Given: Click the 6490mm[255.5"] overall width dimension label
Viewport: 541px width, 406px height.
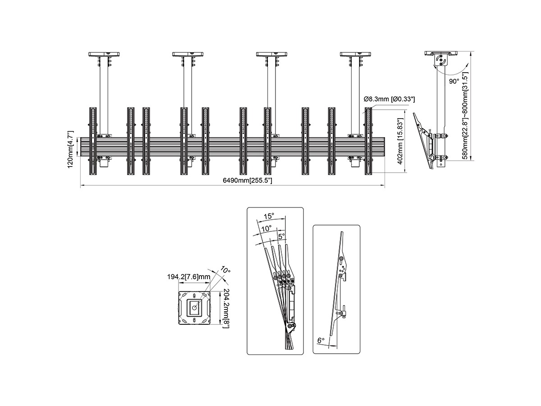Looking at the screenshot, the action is point(247,180).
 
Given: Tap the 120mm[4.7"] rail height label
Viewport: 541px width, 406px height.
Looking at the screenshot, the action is point(71,150).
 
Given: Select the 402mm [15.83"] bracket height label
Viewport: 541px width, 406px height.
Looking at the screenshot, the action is point(400,141).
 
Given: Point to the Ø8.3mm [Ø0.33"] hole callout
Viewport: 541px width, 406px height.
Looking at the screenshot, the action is point(389,99).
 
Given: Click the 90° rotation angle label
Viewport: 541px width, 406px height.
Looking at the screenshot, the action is point(454,81).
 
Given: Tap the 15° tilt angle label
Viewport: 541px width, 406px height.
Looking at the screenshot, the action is point(269,216).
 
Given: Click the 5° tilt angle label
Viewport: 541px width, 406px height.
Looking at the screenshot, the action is point(281,236).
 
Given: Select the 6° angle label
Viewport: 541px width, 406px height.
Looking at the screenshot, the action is point(321,341).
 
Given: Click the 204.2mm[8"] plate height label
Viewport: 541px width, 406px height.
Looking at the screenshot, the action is point(226,308).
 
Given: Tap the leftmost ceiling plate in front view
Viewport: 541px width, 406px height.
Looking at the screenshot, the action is point(104,54).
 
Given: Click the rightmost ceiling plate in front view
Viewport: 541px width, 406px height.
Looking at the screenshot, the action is point(355,54).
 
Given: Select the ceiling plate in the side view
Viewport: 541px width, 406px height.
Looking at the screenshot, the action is point(441,53).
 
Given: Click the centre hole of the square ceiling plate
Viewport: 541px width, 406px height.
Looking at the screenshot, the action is point(194,308).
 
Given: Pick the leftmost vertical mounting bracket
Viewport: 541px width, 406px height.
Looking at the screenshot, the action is point(93,141).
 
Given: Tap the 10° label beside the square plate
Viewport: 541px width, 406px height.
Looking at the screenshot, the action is point(225,270).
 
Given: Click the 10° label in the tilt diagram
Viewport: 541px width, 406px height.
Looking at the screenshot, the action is point(266,229).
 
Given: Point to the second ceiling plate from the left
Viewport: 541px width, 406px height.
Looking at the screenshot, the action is point(188,54).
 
